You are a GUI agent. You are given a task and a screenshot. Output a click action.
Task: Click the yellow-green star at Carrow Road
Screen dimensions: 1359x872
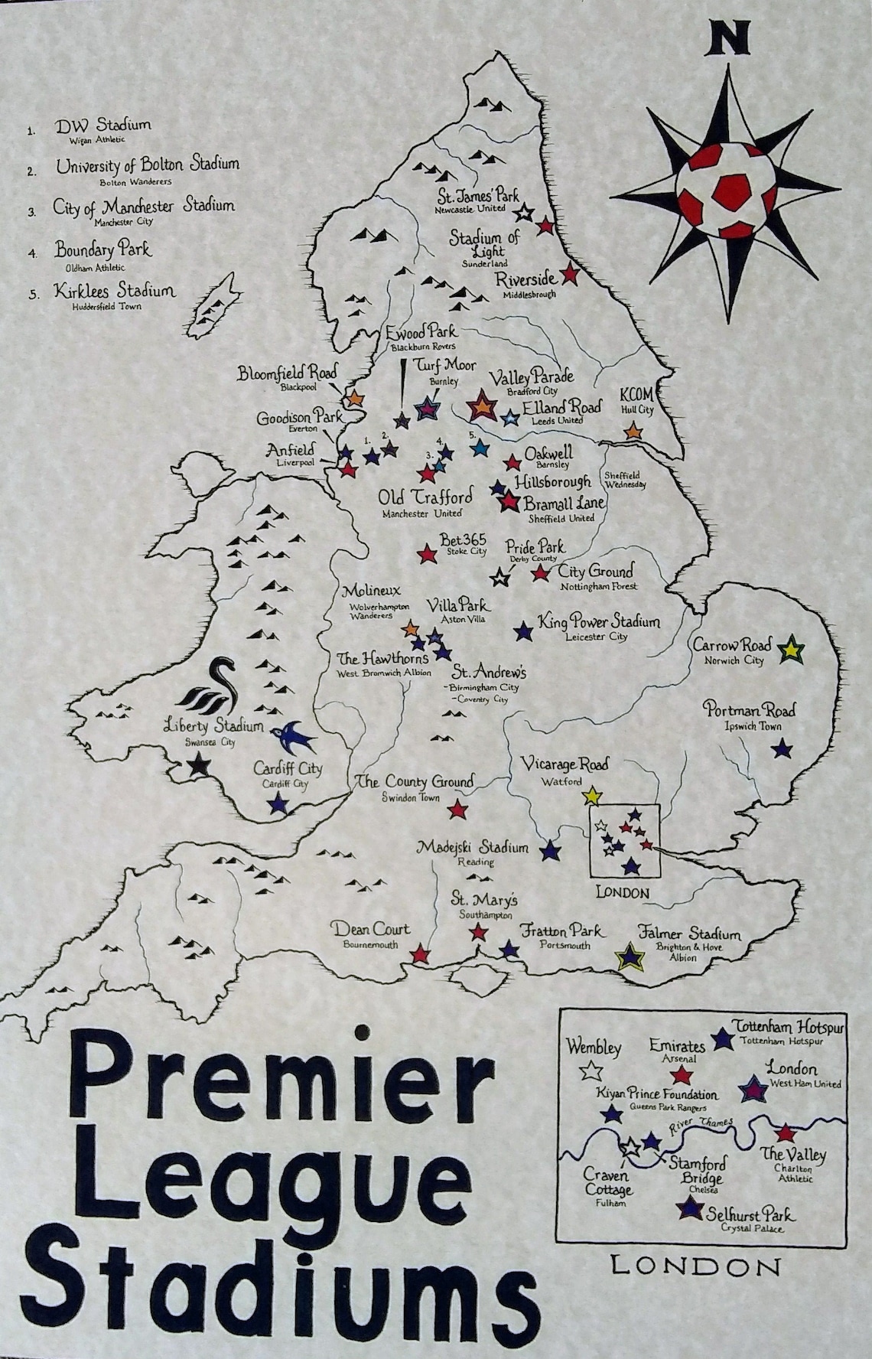coord(791,651)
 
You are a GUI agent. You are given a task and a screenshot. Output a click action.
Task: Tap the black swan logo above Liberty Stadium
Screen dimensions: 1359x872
coord(213,686)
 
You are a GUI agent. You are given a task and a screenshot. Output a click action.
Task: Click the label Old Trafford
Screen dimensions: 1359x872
coord(425,497)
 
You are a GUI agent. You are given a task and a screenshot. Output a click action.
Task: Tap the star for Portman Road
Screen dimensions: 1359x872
coord(781,748)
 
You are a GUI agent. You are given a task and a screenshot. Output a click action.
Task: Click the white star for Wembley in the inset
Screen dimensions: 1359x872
coord(590,1070)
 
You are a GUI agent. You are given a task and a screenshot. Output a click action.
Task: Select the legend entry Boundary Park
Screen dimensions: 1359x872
coord(102,249)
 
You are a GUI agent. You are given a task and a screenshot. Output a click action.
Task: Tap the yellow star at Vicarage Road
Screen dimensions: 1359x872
coord(591,797)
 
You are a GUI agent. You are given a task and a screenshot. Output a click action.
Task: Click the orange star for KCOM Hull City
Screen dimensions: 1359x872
coord(633,432)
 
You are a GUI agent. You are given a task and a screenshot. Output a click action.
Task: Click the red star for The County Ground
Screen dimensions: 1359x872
coord(457,809)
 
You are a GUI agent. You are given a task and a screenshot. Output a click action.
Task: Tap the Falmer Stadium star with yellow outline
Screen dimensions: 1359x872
coord(630,957)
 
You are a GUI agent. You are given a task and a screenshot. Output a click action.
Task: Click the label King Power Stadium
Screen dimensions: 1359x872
coord(598,621)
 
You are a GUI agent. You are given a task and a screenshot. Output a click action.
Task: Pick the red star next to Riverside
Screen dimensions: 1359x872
coord(570,273)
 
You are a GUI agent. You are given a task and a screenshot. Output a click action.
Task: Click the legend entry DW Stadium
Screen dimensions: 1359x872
coord(102,124)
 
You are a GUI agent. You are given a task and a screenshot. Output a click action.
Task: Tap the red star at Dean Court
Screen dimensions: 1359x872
coord(420,953)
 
